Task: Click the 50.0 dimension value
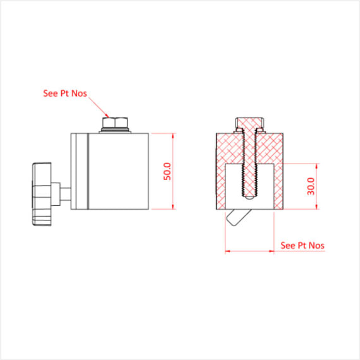pyautogui.click(x=167, y=171)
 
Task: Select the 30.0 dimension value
pyautogui.click(x=310, y=186)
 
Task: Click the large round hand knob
pyautogui.click(x=42, y=194)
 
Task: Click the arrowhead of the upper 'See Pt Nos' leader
pyautogui.click(x=107, y=116)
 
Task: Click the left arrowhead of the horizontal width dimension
pyautogui.click(x=227, y=251)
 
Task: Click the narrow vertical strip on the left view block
pyautogui.click(x=80, y=171)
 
